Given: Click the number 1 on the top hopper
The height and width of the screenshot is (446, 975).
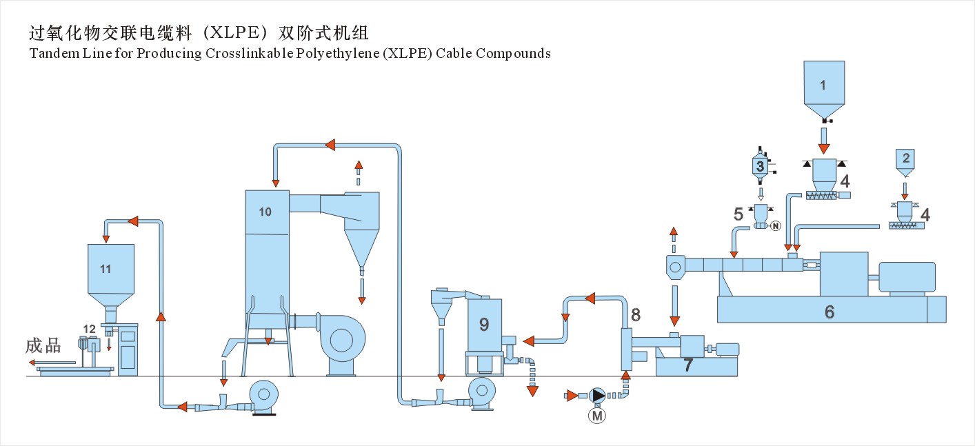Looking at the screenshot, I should coord(823,85).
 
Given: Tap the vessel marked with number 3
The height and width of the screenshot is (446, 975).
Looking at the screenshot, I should coord(760,165).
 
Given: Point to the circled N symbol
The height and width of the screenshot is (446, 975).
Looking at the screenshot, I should coord(774,225).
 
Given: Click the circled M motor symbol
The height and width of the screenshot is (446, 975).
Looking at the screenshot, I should coord(597,415).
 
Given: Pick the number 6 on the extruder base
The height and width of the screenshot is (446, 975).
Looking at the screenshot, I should coord(830,312).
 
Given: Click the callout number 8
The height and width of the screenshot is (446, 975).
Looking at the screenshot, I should coord(636,315).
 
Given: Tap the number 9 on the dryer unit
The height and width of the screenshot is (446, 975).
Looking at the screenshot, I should coord(484,323).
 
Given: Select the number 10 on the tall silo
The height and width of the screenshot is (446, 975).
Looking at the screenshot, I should coord(265,212).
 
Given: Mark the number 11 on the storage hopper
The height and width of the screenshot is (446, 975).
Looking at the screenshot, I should coord(105,269).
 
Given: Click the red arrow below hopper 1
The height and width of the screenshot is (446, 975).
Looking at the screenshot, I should coord(823,147).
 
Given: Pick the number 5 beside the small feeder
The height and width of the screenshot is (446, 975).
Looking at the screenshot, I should coord(738,214).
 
